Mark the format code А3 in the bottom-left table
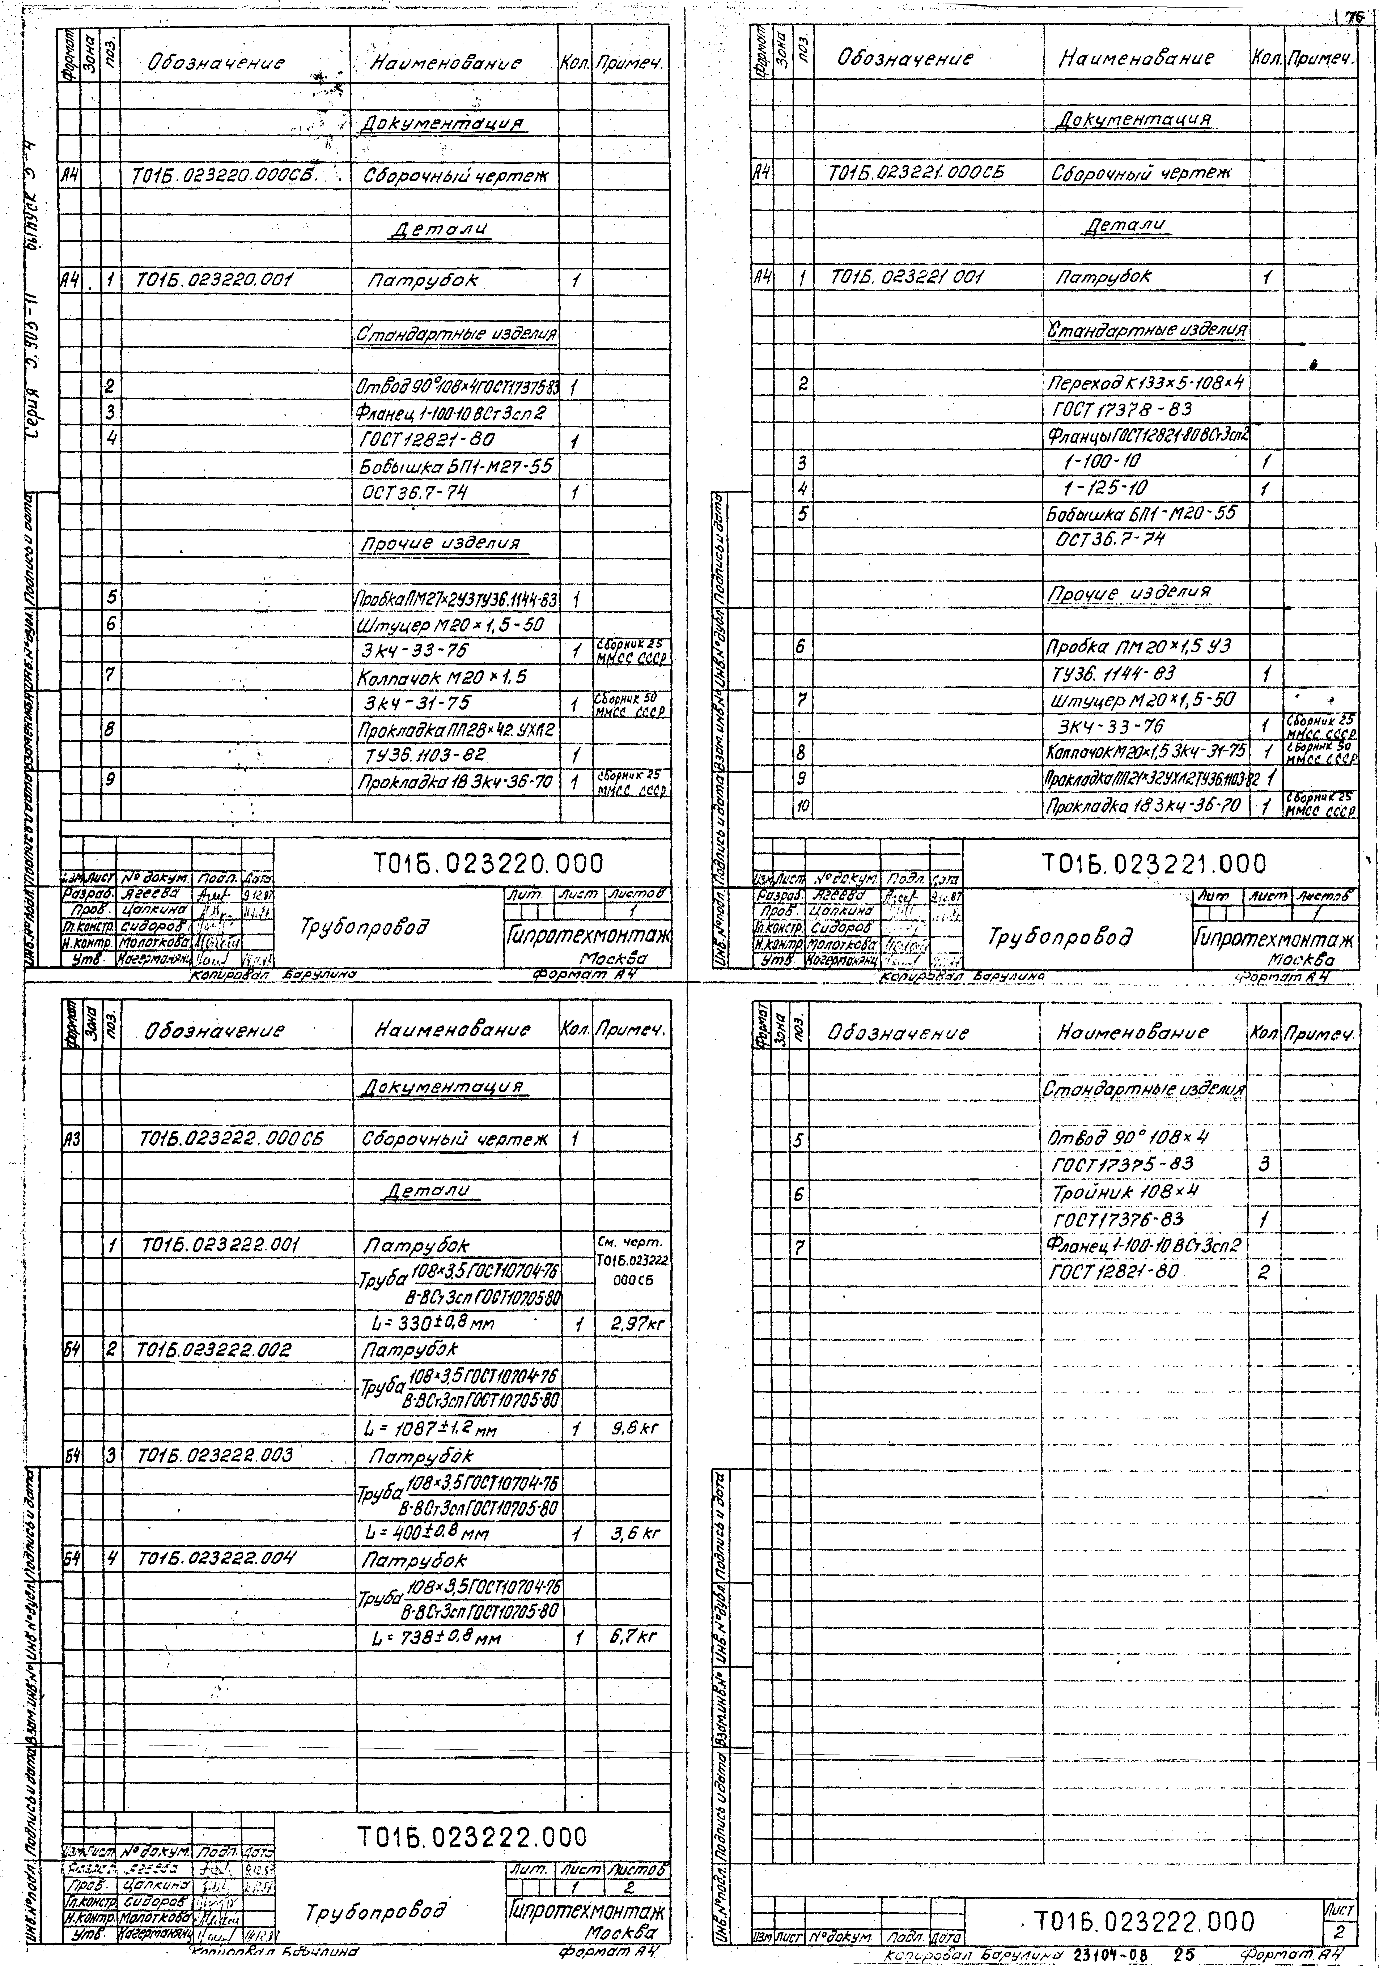tap(71, 1139)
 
